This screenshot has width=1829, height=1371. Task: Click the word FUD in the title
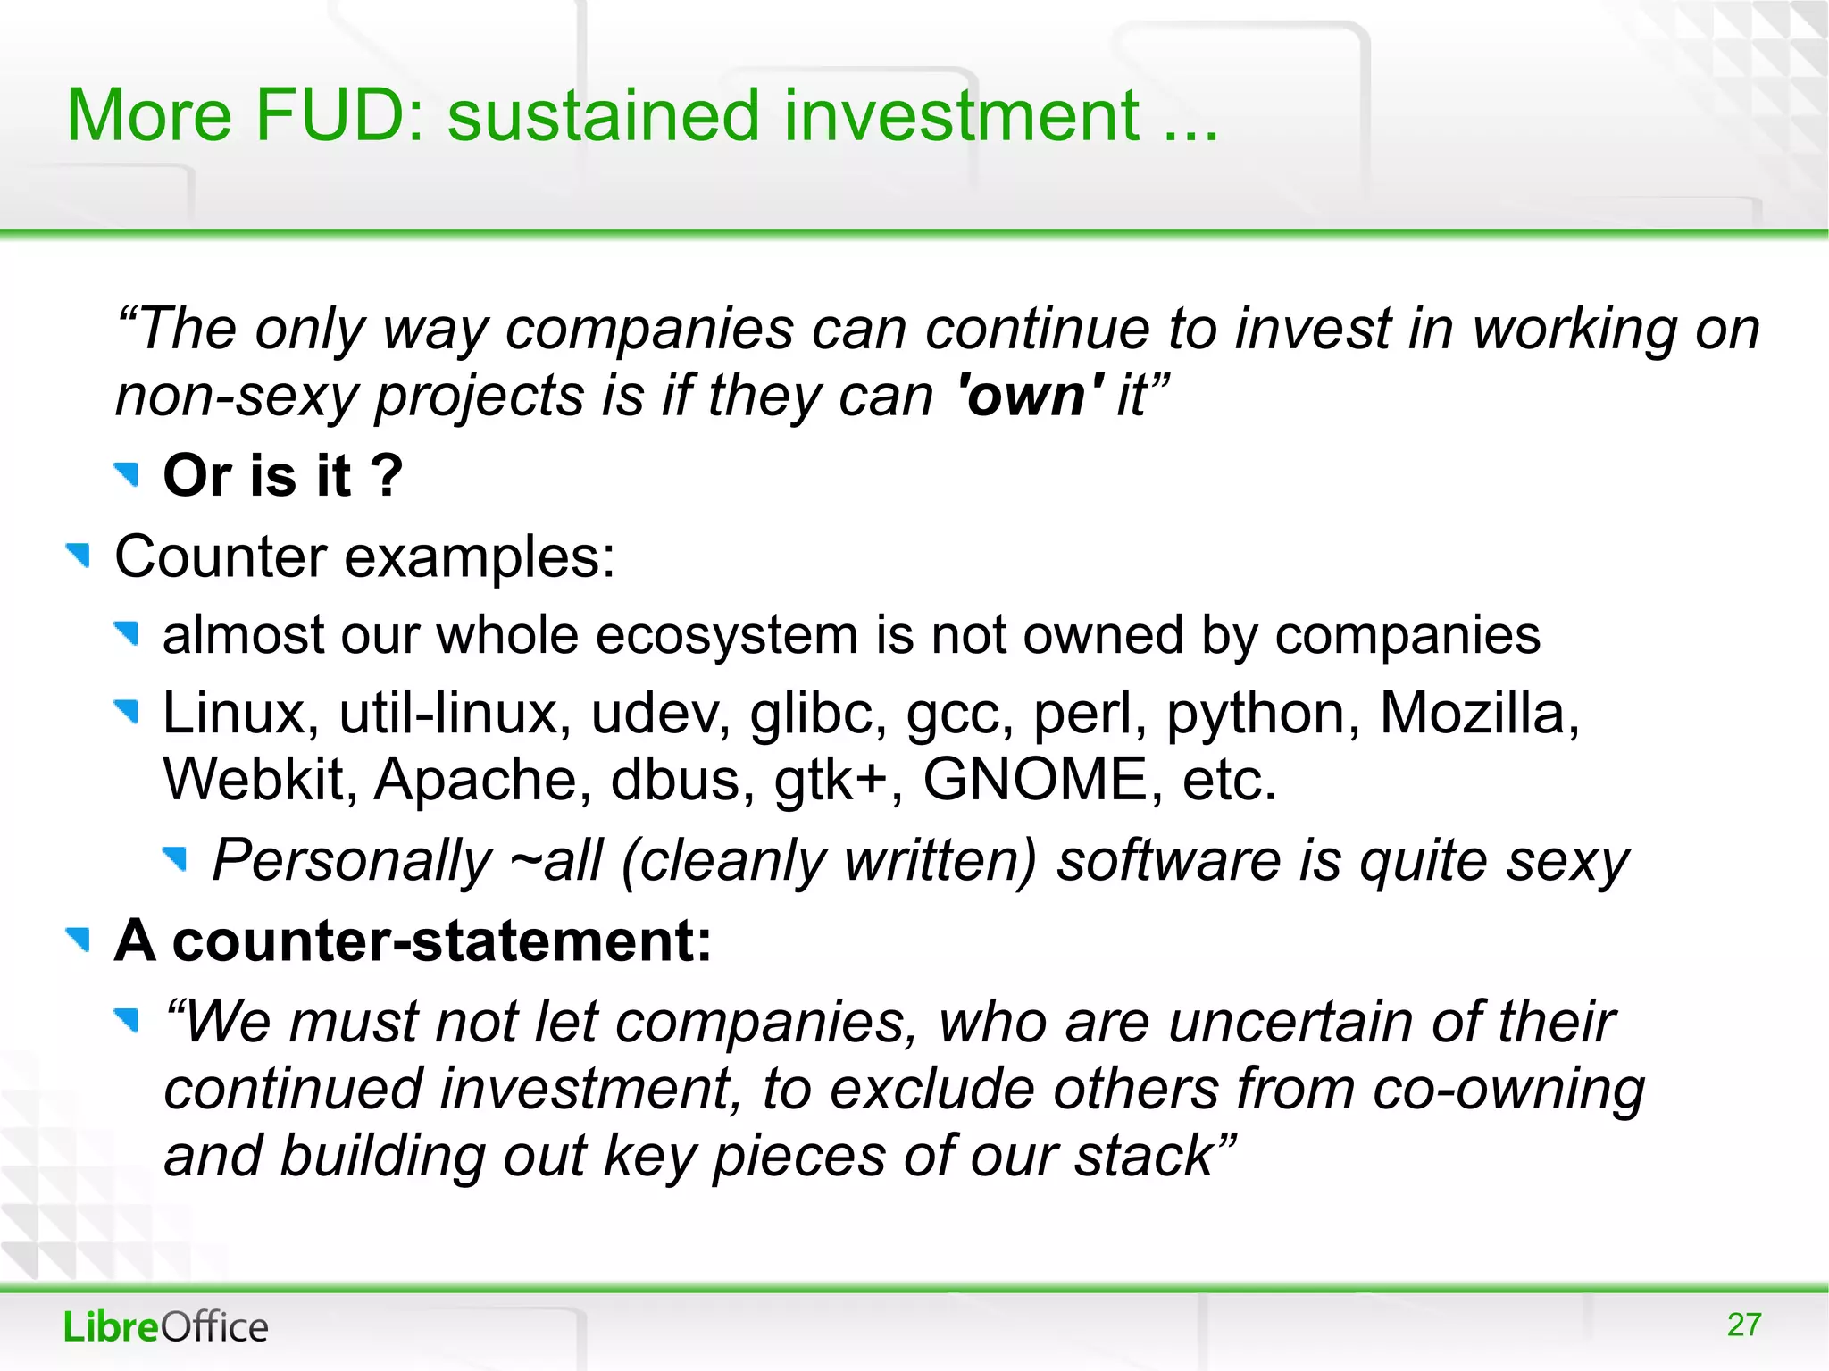(331, 115)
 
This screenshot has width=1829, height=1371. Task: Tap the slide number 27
(1744, 1325)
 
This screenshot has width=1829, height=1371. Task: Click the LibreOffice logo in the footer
(165, 1327)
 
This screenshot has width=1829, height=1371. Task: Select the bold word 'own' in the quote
(1030, 396)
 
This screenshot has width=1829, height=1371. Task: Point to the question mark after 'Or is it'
(388, 475)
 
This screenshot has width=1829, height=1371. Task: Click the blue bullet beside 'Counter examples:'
(79, 556)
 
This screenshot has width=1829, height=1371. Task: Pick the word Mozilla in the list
(1479, 714)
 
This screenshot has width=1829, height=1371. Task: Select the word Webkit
(260, 780)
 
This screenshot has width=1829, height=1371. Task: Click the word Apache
(482, 780)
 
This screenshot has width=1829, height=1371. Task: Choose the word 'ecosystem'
(727, 636)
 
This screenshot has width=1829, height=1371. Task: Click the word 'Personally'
(352, 861)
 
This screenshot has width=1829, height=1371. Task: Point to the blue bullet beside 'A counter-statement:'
(79, 940)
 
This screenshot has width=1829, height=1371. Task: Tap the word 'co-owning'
(1507, 1090)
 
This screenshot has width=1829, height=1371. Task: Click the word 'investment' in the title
(961, 117)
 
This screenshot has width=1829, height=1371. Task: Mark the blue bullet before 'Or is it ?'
(128, 474)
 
